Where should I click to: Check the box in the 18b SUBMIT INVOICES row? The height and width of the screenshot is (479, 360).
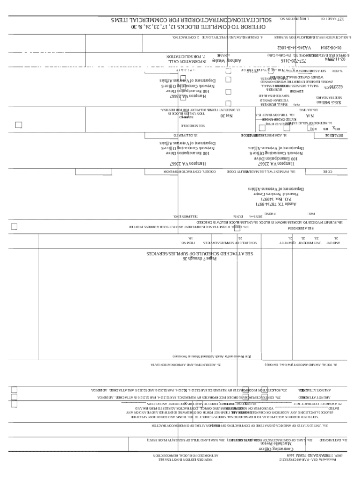(x=14, y=227)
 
